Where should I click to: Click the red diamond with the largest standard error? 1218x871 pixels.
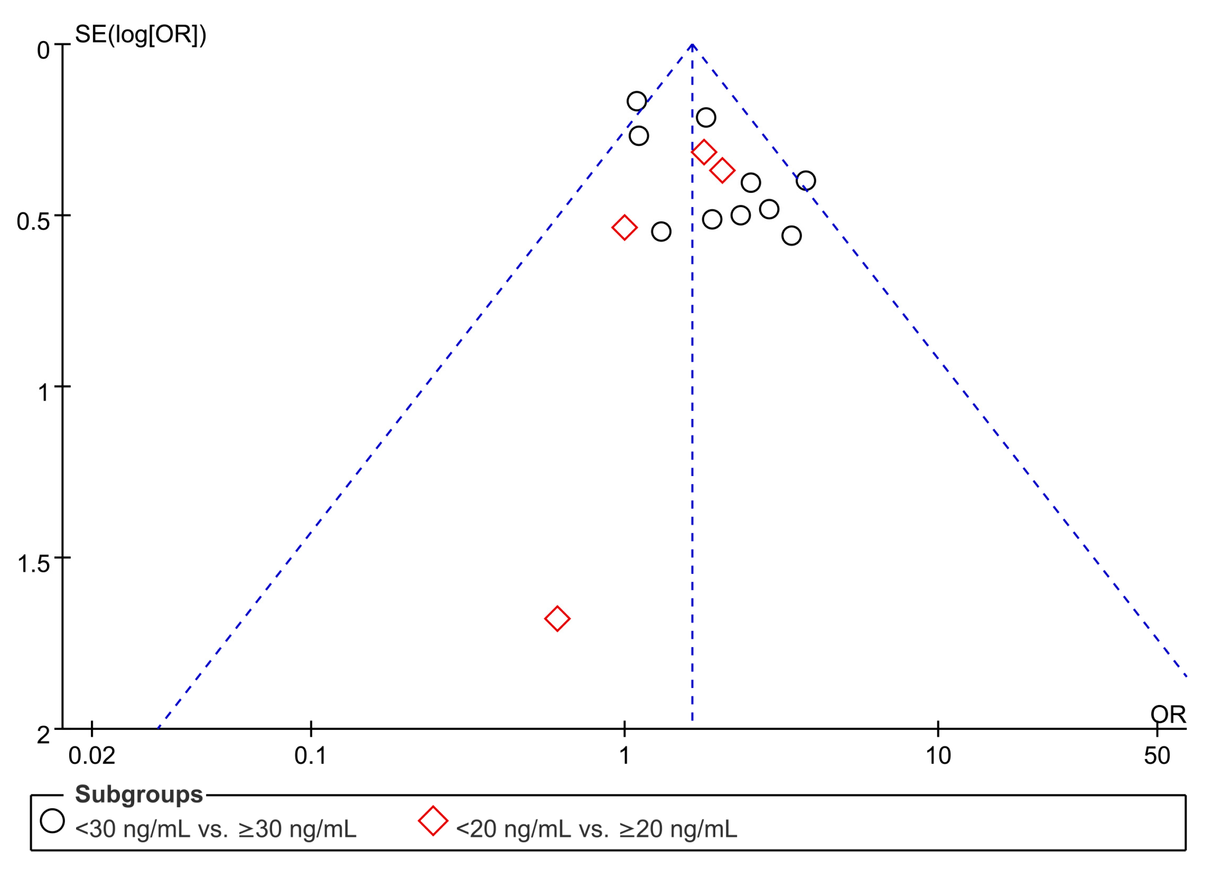pyautogui.click(x=557, y=618)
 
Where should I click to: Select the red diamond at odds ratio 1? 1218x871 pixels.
pyautogui.click(x=624, y=227)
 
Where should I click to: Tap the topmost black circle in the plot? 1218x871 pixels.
pyautogui.click(x=636, y=101)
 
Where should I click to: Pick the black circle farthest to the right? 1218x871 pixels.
pyautogui.click(x=806, y=181)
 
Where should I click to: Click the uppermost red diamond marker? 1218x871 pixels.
pyautogui.click(x=703, y=152)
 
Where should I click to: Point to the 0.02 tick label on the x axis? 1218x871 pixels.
pyautogui.click(x=92, y=756)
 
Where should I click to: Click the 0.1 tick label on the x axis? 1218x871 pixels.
pyautogui.click(x=310, y=756)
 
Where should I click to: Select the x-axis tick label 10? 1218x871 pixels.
pyautogui.click(x=938, y=756)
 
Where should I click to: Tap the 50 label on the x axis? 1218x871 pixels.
pyautogui.click(x=1157, y=756)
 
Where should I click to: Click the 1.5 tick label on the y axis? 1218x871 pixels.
pyautogui.click(x=33, y=564)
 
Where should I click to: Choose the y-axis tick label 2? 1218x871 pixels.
pyautogui.click(x=43, y=735)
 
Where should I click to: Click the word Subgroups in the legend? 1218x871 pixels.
pyautogui.click(x=139, y=794)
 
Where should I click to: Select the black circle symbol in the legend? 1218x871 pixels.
pyautogui.click(x=52, y=821)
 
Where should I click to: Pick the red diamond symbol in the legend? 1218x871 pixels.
pyautogui.click(x=433, y=821)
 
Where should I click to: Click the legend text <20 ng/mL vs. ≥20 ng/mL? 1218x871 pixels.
pyautogui.click(x=596, y=829)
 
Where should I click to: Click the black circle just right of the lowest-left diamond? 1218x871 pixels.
pyautogui.click(x=661, y=232)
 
